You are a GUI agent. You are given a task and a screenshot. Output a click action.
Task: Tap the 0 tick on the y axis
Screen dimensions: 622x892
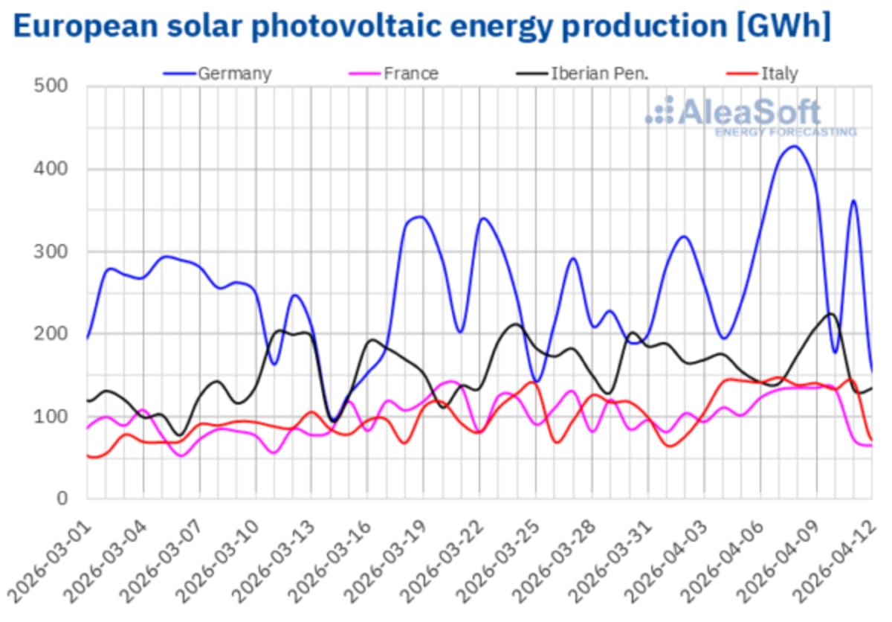[64, 498]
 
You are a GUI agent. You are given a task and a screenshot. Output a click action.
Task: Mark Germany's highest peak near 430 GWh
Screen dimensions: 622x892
[794, 146]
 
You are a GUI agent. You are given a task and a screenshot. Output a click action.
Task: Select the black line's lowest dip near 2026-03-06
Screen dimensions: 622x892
[179, 435]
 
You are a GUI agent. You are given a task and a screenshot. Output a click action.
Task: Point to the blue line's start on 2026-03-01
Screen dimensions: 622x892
[88, 339]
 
